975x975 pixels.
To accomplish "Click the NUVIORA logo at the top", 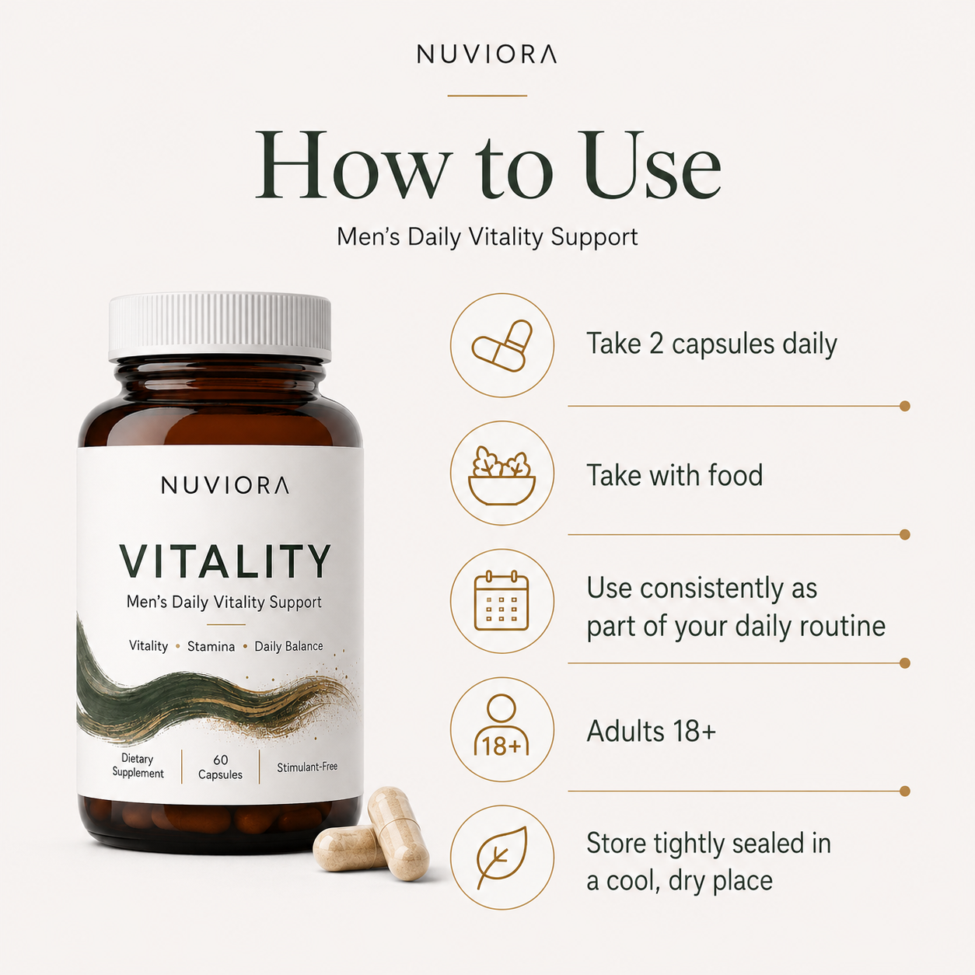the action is (x=487, y=54).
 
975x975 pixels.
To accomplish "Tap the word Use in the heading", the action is (x=652, y=165).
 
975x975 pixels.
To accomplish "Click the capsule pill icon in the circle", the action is (x=502, y=345).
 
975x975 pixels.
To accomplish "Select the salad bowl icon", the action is (x=502, y=475).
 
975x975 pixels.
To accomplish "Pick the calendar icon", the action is (x=501, y=600).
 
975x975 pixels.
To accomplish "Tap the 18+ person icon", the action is (x=501, y=725).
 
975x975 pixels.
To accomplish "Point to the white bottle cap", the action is (x=220, y=326).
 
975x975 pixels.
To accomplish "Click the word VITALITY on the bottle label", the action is (x=225, y=561).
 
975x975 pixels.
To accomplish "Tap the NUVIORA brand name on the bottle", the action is (x=225, y=485).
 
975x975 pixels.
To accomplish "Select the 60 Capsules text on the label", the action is (x=220, y=767).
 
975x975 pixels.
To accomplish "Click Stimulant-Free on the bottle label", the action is (x=307, y=767).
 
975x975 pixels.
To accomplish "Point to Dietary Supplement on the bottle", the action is (x=138, y=766).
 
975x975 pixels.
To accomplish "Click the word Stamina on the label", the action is (x=211, y=647).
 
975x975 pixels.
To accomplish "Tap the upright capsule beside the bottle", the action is (x=398, y=833).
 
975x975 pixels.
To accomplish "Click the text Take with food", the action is (x=674, y=476).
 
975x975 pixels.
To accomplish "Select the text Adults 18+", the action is (x=652, y=731).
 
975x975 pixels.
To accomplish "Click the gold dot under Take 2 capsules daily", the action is (x=905, y=406).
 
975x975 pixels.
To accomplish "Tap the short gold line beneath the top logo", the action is (x=487, y=95).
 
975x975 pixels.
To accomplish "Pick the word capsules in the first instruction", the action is (x=724, y=345).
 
